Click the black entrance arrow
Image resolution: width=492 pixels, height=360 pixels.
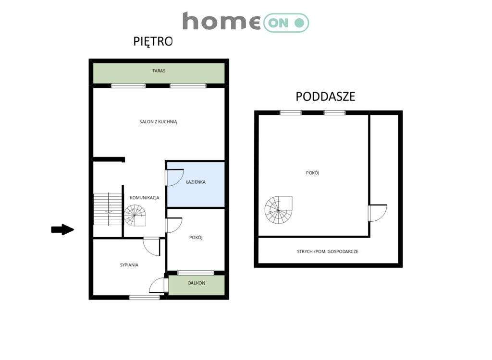pyautogui.click(x=62, y=230)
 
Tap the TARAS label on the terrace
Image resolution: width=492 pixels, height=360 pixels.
pyautogui.click(x=159, y=71)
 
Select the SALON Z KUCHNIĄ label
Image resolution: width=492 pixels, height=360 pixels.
pyautogui.click(x=159, y=122)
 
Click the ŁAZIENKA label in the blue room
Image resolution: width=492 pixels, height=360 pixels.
pyautogui.click(x=196, y=182)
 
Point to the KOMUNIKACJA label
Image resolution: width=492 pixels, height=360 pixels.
pyautogui.click(x=145, y=198)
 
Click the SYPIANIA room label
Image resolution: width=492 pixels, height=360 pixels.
pyautogui.click(x=129, y=264)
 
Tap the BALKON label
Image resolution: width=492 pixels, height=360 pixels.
pyautogui.click(x=197, y=283)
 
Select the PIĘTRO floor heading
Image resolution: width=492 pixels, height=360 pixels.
pyautogui.click(x=153, y=42)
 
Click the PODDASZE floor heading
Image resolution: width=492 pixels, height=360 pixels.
pyautogui.click(x=325, y=96)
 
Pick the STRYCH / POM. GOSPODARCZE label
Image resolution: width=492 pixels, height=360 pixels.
pyautogui.click(x=327, y=252)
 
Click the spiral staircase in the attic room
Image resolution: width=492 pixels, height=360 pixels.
pyautogui.click(x=278, y=210)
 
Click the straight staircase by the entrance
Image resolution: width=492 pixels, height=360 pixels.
pyautogui.click(x=108, y=209)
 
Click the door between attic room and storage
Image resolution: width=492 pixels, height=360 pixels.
pyautogui.click(x=377, y=213)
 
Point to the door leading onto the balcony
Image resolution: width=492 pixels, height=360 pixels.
pyautogui.click(x=159, y=285)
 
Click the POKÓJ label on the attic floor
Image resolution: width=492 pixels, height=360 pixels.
pyautogui.click(x=313, y=173)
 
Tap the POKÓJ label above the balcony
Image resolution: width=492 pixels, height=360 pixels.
pyautogui.click(x=196, y=238)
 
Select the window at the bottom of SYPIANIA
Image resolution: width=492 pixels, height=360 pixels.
pyautogui.click(x=145, y=297)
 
